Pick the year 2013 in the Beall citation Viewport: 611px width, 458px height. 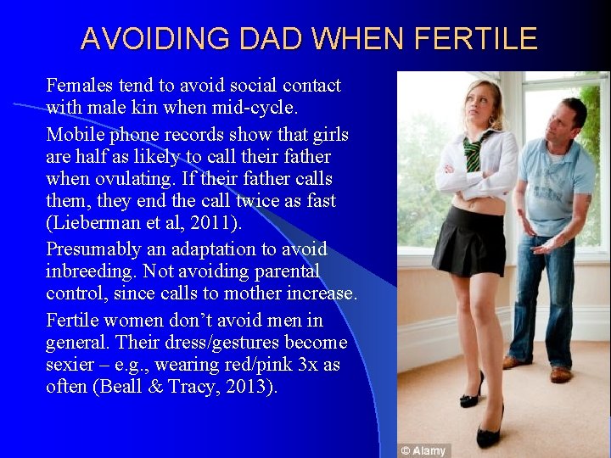tap(252, 387)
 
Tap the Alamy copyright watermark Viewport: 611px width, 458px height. tap(424, 450)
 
